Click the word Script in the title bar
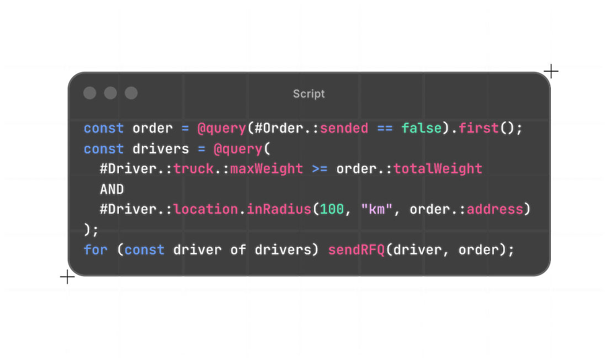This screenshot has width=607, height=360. point(309,94)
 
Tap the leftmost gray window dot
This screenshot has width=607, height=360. point(90,93)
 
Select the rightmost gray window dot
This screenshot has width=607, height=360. point(131,93)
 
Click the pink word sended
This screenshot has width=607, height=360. point(344,129)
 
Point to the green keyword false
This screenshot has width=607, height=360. point(422,129)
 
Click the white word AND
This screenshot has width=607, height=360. point(112,189)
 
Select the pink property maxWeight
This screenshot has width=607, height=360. point(267,168)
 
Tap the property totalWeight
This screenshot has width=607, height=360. point(438,168)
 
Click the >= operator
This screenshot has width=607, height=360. point(320,168)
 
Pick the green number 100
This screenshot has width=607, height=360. point(332,210)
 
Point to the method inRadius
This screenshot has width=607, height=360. point(279,210)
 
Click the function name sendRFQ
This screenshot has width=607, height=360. point(356,250)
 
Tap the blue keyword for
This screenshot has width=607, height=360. point(95,250)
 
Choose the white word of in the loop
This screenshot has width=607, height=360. point(238,250)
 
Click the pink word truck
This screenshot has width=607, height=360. point(193,168)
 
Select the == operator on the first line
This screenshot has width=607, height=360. point(385,129)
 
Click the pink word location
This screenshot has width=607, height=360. point(205,210)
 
